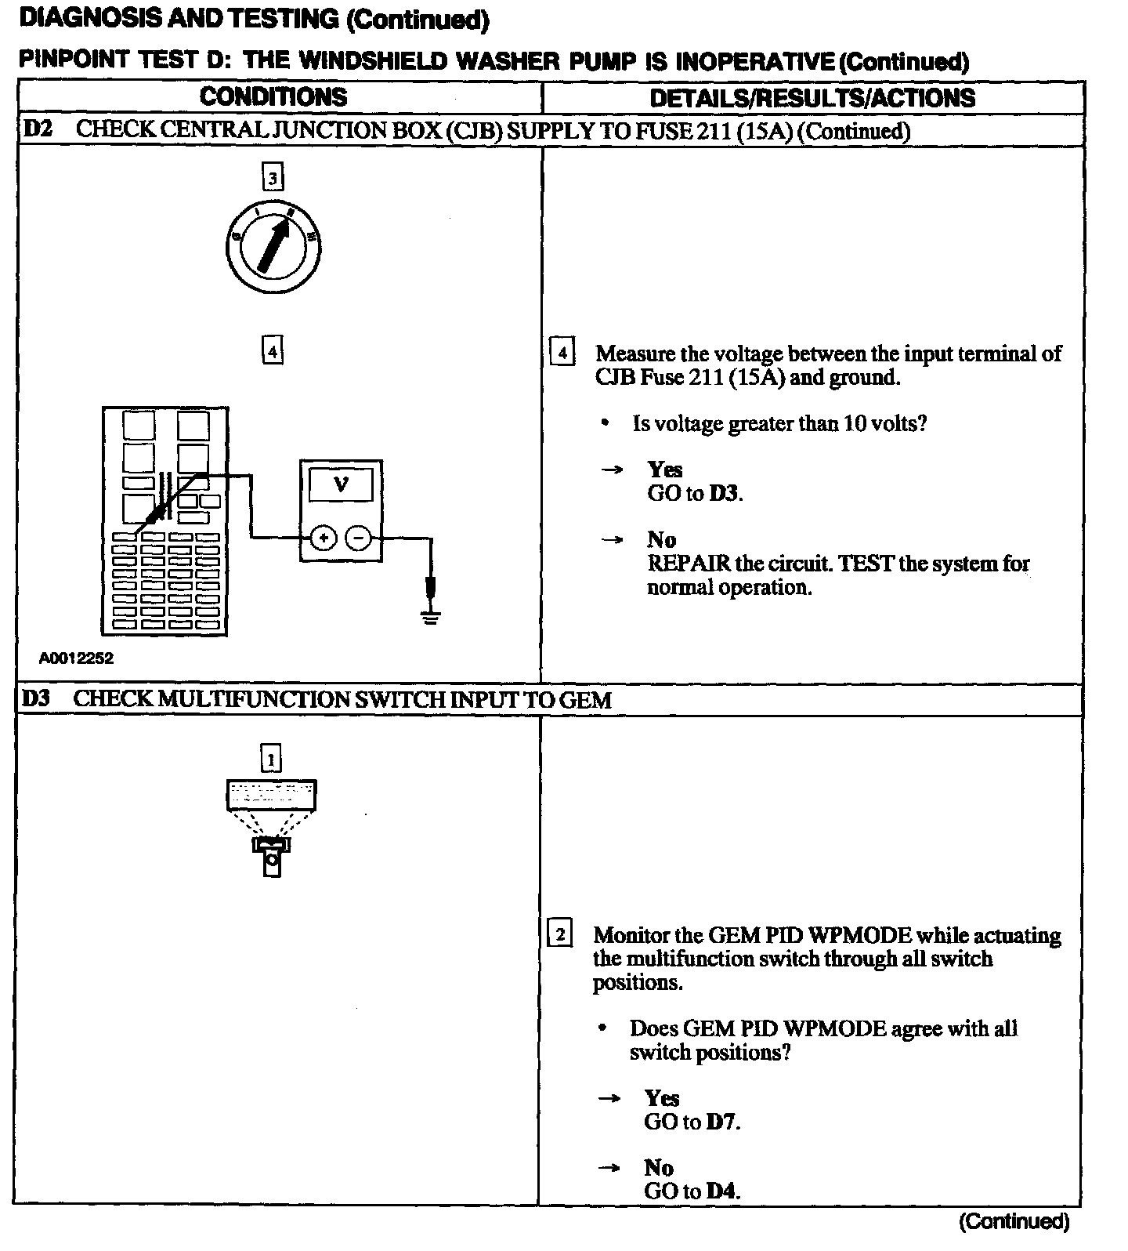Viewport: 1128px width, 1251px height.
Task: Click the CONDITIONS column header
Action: click(x=273, y=97)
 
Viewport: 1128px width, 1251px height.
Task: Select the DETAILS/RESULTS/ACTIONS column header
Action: click(x=812, y=98)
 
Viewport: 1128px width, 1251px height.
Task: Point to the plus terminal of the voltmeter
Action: click(x=324, y=538)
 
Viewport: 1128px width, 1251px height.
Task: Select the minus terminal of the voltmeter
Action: click(x=359, y=538)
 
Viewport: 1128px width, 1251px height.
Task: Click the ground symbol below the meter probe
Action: click(x=429, y=617)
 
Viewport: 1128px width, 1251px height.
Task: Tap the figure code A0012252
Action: click(x=76, y=658)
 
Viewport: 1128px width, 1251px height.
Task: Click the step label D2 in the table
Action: click(x=36, y=129)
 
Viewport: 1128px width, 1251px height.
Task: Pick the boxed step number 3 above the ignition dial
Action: click(x=273, y=178)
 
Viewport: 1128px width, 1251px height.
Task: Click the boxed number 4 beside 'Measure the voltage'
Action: click(x=562, y=353)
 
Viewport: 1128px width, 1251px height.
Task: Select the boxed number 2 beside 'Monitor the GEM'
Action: click(x=559, y=934)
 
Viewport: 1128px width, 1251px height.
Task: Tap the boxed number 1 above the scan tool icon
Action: click(x=271, y=759)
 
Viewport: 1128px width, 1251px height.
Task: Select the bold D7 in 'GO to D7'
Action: click(x=721, y=1122)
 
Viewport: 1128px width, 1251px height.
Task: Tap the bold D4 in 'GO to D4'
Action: click(x=721, y=1191)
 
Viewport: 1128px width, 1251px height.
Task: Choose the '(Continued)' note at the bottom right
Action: click(x=1013, y=1221)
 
